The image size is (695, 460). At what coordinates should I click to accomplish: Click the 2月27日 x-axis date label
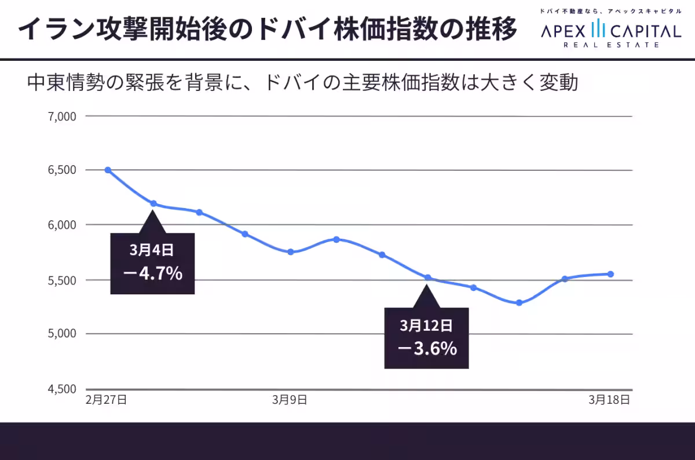coord(106,400)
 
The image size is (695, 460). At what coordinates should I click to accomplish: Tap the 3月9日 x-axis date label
coord(289,400)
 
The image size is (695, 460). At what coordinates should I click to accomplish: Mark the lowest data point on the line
coord(519,302)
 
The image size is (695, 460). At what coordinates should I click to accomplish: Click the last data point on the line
coord(610,274)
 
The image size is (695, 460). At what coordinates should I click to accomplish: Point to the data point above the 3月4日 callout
coord(153,203)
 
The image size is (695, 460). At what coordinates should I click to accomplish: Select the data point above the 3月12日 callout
coord(428,278)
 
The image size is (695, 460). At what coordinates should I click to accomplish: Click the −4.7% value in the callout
coord(153,273)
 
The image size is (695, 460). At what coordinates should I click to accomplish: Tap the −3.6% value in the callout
coord(427,348)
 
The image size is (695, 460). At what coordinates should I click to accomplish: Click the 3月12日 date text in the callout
coord(426,326)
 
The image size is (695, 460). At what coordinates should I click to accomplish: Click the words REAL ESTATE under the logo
coord(611,45)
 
